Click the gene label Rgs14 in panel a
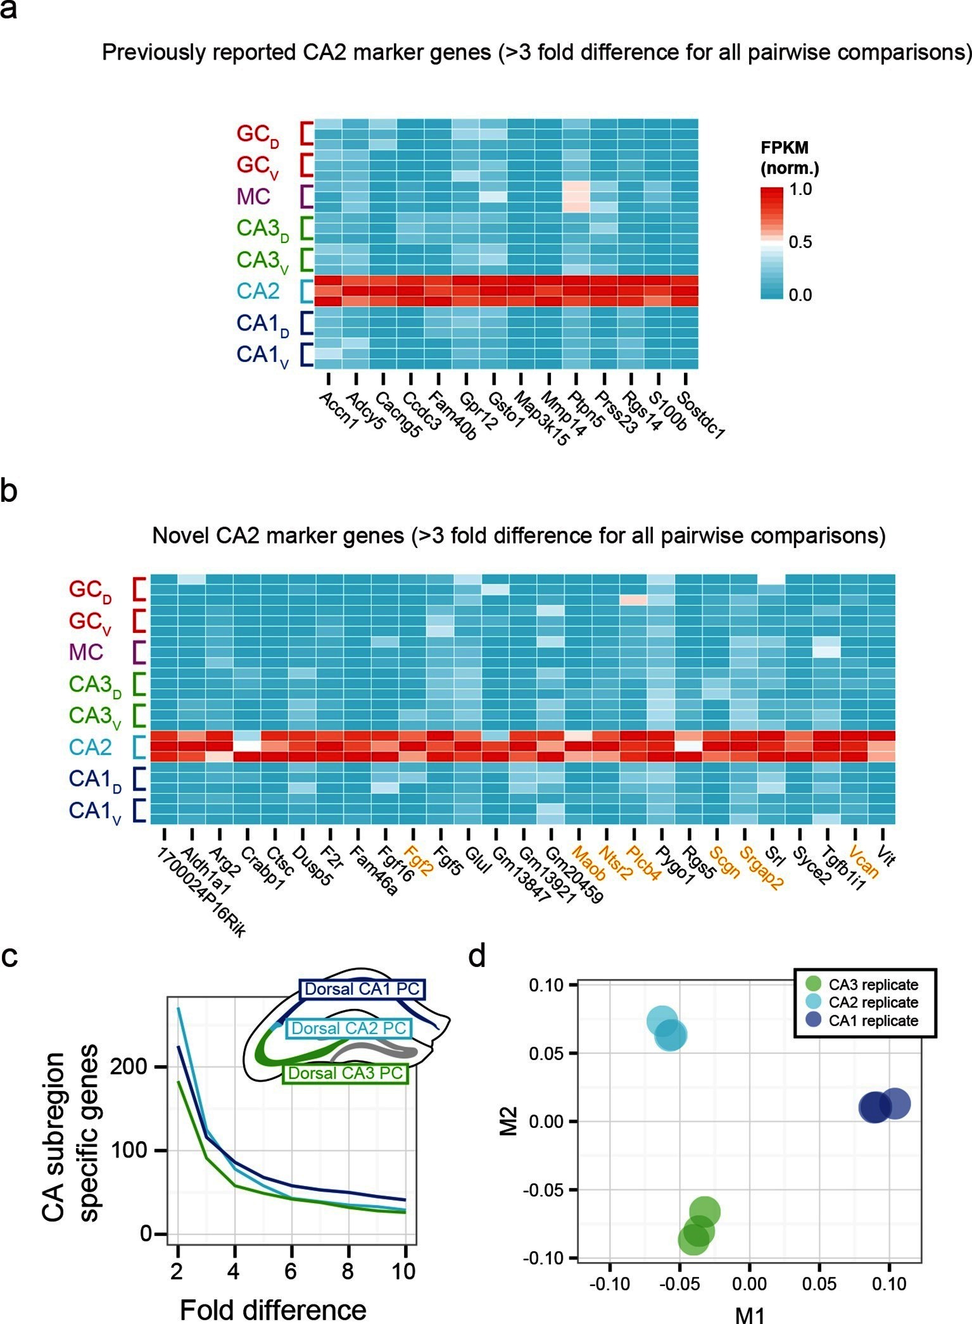coord(642,411)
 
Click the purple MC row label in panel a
coord(253,197)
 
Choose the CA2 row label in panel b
coord(90,747)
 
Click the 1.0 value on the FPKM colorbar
coord(800,189)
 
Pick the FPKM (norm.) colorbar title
coord(789,158)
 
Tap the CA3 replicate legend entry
coord(873,985)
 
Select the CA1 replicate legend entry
coord(873,1021)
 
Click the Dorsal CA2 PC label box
coord(348,1028)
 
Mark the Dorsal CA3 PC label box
coord(345,1073)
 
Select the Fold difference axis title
coord(273,1308)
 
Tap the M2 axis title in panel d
coord(509,1120)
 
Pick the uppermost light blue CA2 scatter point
coord(662,1021)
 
